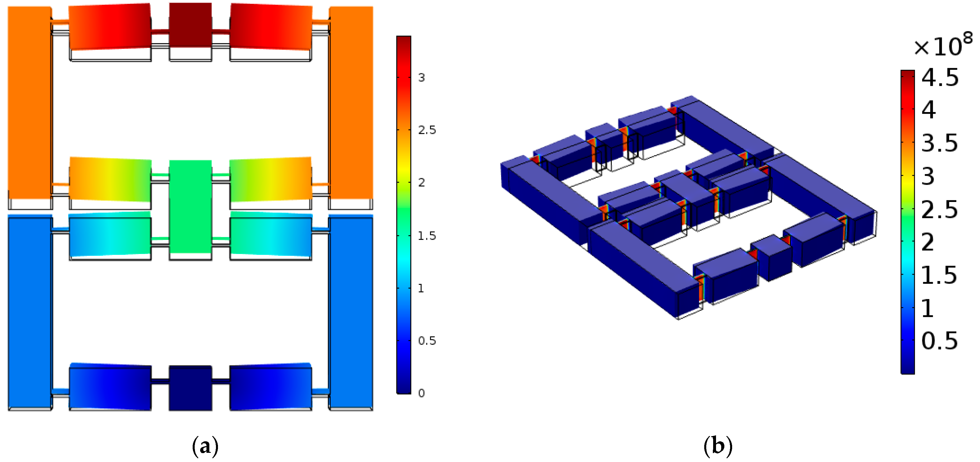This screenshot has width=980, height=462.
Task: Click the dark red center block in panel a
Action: point(190,25)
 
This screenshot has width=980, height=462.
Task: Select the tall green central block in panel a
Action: point(190,207)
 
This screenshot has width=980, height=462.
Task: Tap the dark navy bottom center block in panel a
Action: point(190,388)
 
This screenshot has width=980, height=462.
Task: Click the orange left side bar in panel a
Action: point(30,103)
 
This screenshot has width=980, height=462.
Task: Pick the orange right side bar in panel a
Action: point(351,103)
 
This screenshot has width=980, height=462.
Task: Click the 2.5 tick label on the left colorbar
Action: point(427,130)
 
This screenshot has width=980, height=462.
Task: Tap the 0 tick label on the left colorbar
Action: point(421,393)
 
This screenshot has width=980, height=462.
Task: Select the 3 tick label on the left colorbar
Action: point(421,78)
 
